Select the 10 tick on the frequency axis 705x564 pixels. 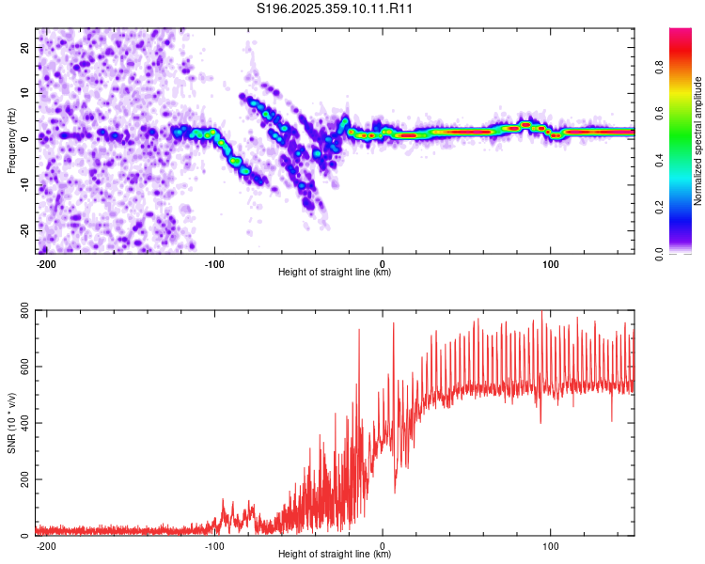pyautogui.click(x=25, y=93)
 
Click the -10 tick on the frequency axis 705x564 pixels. pyautogui.click(x=23, y=184)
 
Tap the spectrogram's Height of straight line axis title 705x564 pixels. pyautogui.click(x=335, y=273)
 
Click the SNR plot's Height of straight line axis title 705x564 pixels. pyautogui.click(x=335, y=555)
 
